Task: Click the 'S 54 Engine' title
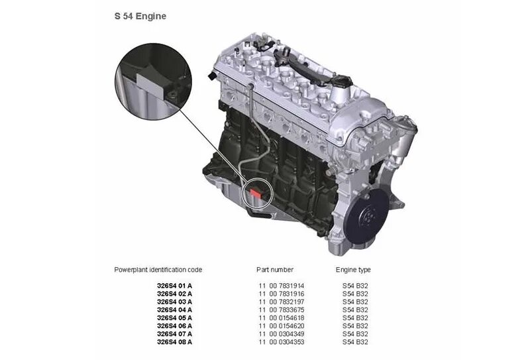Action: (140, 16)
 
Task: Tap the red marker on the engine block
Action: (254, 194)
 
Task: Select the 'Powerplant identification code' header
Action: (158, 270)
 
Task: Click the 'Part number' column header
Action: (275, 270)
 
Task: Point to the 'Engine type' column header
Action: (353, 270)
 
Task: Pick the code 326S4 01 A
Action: (174, 286)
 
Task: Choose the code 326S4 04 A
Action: (174, 310)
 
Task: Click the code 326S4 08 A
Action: (174, 342)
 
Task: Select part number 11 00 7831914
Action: (282, 286)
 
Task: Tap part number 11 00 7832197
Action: (282, 302)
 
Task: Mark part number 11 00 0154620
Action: (282, 326)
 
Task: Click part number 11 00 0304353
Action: (282, 342)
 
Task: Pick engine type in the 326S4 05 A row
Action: (355, 318)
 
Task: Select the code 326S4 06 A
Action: (174, 326)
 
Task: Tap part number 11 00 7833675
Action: (282, 310)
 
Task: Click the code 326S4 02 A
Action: (174, 294)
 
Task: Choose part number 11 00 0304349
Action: (282, 334)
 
